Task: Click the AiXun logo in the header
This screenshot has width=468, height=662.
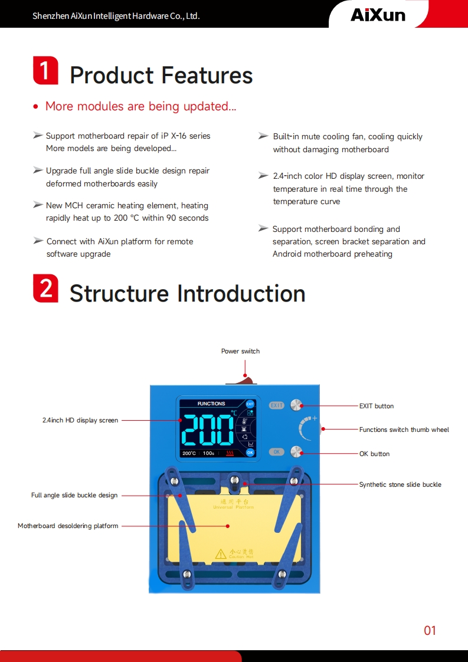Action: point(378,15)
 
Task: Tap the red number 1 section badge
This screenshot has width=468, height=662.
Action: point(45,71)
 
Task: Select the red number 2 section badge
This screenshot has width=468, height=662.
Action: point(45,289)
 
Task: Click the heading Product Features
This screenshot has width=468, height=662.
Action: point(161,76)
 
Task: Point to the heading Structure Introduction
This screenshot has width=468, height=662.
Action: point(187,293)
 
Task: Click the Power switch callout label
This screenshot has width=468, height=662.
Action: point(240,351)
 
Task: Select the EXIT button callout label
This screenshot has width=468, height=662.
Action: point(376,406)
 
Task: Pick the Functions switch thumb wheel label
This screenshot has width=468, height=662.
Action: point(404,430)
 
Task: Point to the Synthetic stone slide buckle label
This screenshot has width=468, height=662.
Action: point(400,484)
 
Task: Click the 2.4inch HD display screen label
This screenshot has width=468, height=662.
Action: point(80,420)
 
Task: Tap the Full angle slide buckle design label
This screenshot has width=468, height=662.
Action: point(74,495)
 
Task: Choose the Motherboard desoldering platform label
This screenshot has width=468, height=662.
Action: point(68,526)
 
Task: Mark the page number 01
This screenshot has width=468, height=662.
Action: point(430,630)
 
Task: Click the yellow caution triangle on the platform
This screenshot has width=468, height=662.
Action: point(221,553)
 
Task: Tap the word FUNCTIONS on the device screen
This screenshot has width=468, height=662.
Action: point(211,404)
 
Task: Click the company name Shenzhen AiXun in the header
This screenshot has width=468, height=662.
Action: point(116,16)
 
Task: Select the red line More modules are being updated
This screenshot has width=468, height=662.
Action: point(140,106)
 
